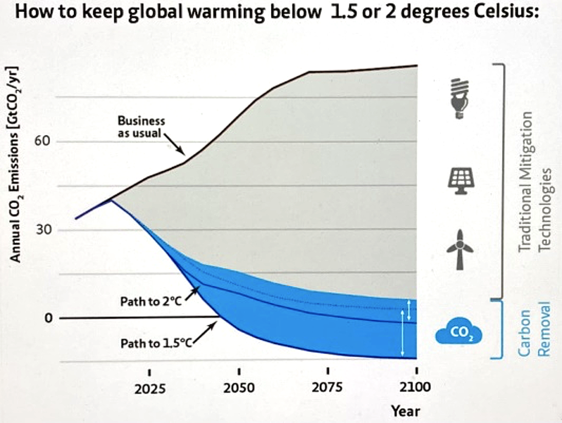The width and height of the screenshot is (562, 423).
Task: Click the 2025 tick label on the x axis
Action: tap(149, 388)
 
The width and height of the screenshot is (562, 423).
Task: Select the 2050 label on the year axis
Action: tap(239, 388)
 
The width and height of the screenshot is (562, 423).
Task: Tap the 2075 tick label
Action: tap(328, 387)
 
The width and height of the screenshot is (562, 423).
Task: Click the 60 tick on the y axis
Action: tap(43, 141)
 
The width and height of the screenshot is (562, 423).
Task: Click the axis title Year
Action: tap(405, 411)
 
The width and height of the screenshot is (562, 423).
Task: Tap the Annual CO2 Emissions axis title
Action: tap(16, 165)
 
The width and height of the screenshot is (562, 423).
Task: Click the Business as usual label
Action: tap(141, 127)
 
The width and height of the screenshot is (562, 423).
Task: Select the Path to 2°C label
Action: tap(150, 301)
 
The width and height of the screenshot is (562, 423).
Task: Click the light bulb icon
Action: tap(460, 98)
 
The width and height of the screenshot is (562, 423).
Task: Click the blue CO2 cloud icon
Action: tap(458, 332)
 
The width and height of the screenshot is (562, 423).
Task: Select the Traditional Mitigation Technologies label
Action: tap(535, 181)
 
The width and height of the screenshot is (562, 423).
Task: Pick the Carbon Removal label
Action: tap(535, 329)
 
